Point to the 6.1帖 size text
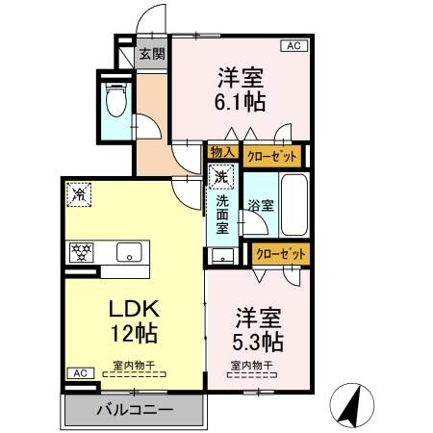pos(242,99)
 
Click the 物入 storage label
pos(222,153)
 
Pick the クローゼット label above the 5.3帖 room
pos(281,253)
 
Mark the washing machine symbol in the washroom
pos(221,178)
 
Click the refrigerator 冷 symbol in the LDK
pos(79,194)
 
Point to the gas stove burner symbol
pos(81,252)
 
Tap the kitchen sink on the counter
pos(126,252)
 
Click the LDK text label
pos(132,312)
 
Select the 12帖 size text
pos(132,337)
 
